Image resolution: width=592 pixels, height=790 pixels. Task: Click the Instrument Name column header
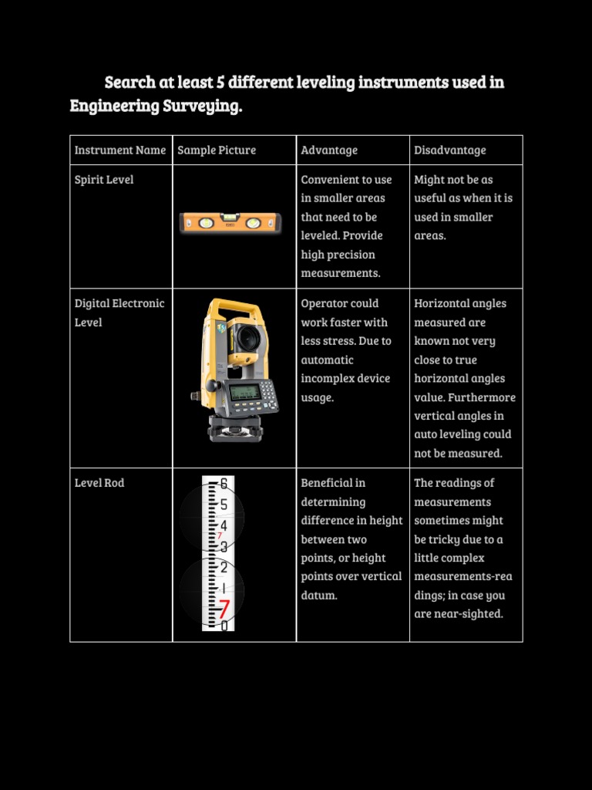[x=119, y=150]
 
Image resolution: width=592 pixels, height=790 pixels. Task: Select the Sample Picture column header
[x=217, y=150]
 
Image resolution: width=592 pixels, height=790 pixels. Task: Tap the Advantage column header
[x=329, y=150]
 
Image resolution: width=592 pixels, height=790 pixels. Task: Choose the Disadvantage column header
[x=450, y=150]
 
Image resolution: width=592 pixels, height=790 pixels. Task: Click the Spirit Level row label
[x=104, y=180]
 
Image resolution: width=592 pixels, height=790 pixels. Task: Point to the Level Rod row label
[x=99, y=483]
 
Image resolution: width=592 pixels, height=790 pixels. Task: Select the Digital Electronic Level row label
[x=119, y=313]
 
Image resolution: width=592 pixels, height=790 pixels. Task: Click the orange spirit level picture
[x=230, y=223]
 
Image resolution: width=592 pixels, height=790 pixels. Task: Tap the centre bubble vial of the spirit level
[x=230, y=217]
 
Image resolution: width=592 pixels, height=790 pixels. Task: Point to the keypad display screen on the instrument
[x=245, y=392]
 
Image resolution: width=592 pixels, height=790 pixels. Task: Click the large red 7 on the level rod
[x=224, y=609]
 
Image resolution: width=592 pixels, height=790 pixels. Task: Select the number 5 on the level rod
[x=224, y=505]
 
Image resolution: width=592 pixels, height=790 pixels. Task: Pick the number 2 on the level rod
[x=224, y=567]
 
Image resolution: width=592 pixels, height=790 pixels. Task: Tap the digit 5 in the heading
[x=220, y=82]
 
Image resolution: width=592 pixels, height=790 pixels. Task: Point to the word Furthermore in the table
[x=482, y=397]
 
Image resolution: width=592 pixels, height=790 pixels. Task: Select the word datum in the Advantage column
[x=319, y=595]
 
